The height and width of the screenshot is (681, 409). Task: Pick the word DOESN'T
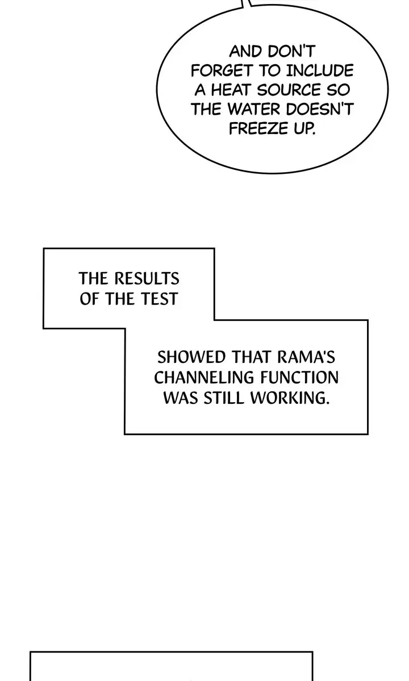pyautogui.click(x=320, y=109)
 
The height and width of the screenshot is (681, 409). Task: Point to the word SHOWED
pyautogui.click(x=191, y=357)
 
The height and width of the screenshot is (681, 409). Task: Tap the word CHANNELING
pyautogui.click(x=203, y=377)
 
